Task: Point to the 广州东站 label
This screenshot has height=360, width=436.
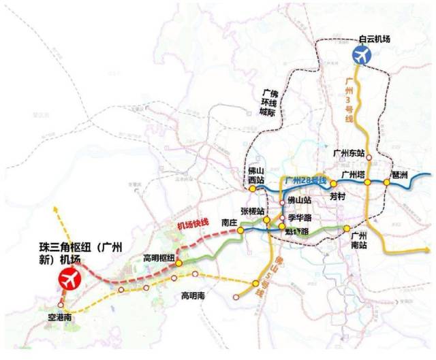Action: click(x=349, y=152)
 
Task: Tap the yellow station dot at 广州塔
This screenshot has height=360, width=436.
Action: click(x=367, y=182)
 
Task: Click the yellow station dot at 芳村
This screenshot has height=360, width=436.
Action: click(x=334, y=184)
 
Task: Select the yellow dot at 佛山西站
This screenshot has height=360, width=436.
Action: click(x=252, y=189)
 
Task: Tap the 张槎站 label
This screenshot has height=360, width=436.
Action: click(x=251, y=211)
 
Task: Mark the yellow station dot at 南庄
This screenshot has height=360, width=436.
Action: click(x=240, y=231)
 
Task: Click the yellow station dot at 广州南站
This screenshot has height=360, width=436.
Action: click(x=346, y=229)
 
